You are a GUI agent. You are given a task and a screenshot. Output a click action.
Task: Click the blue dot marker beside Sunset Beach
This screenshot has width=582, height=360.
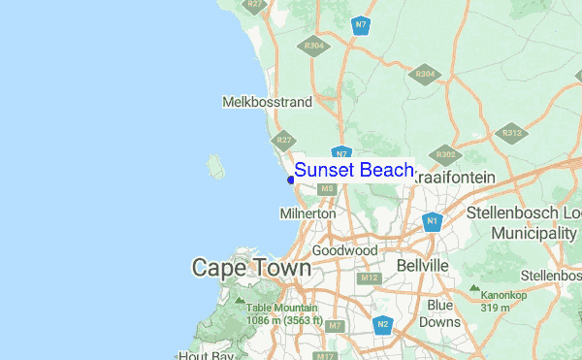290,179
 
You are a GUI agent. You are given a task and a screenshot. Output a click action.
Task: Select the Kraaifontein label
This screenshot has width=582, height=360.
453,178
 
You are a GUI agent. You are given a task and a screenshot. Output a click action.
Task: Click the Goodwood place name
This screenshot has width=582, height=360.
344,250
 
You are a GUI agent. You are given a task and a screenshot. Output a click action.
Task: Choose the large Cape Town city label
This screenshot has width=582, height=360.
251,267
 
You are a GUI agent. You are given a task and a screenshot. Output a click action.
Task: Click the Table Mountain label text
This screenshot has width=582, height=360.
281,309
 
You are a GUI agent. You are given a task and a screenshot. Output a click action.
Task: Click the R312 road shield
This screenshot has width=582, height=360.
512,132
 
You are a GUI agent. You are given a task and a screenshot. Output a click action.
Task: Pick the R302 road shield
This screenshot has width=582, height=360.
446,153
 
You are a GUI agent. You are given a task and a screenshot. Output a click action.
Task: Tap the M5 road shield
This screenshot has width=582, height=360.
328,188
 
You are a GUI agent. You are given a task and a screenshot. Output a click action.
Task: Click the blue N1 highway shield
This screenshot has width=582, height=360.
433,222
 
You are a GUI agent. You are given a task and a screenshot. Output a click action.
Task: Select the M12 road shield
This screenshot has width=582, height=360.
369,278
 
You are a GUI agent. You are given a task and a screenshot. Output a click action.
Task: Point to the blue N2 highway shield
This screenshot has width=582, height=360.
383,324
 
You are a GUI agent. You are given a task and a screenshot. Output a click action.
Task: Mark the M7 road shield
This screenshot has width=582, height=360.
336,325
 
